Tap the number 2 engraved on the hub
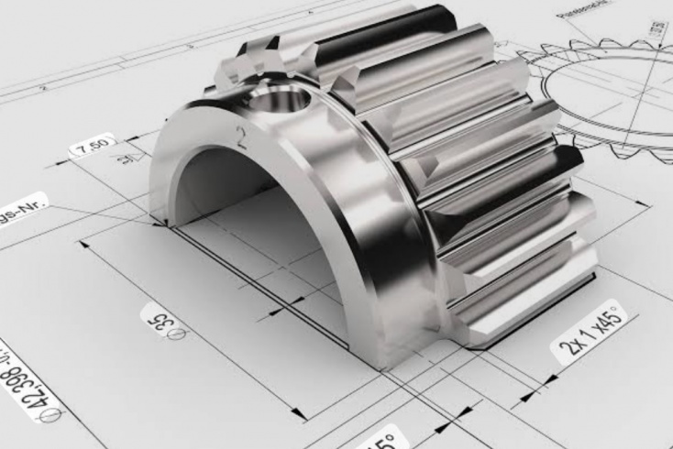tap(242, 138)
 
